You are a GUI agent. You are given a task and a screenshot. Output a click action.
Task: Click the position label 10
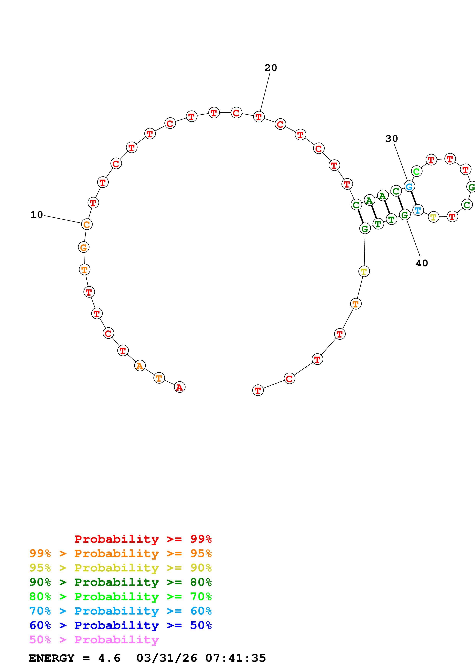click(x=37, y=215)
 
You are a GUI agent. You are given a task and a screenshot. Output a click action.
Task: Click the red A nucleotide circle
click(x=180, y=387)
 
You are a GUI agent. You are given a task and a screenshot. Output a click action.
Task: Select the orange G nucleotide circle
click(x=84, y=247)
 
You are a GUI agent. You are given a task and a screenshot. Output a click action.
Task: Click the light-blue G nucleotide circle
click(x=409, y=186)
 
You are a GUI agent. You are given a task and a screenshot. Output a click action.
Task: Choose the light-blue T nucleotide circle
click(x=418, y=210)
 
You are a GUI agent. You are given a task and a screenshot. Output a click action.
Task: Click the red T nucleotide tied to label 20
click(x=259, y=117)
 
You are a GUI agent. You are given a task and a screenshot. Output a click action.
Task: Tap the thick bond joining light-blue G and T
click(x=413, y=198)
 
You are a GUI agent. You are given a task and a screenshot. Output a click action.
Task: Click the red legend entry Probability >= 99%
click(x=143, y=539)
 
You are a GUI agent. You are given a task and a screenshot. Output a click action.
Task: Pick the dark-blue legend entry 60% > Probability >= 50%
click(x=120, y=625)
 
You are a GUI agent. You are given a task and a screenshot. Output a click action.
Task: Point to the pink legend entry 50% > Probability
click(x=94, y=639)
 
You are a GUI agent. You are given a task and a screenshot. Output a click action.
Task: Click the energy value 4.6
click(x=109, y=658)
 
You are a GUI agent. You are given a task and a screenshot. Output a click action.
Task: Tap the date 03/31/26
click(x=167, y=658)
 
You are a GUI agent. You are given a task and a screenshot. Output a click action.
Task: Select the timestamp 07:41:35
click(x=236, y=658)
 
